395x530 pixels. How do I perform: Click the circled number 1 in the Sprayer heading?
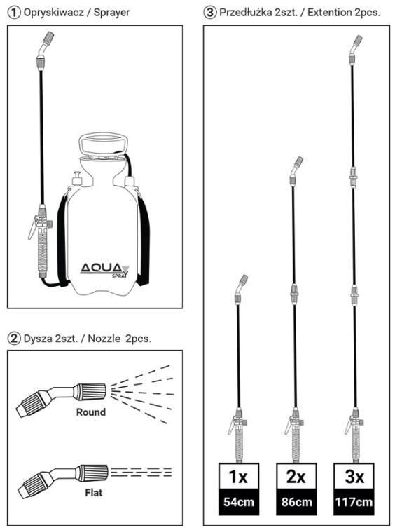(14, 13)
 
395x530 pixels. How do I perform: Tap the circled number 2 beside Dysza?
(14, 339)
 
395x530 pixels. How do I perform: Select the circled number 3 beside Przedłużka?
(209, 13)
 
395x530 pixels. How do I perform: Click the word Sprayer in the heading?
(112, 13)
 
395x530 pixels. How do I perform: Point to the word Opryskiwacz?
(53, 13)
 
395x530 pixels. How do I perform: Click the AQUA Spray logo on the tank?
(104, 270)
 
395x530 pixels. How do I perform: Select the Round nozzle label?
(91, 412)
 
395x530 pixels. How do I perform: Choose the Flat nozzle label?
(94, 492)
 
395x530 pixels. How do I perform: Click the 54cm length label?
(239, 502)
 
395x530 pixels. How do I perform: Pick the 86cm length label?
(296, 502)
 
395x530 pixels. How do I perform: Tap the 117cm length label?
(354, 502)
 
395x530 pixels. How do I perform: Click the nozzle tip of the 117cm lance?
(359, 39)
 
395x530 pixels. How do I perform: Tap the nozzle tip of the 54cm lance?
(244, 279)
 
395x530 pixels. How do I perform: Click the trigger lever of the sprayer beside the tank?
(34, 227)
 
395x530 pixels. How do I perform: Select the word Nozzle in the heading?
(104, 339)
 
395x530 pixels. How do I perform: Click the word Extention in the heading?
(329, 13)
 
